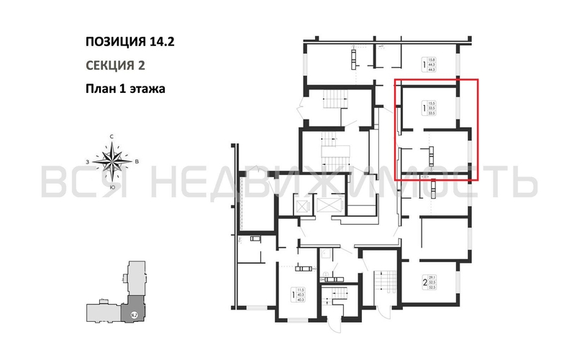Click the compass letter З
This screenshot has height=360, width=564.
point(88,162)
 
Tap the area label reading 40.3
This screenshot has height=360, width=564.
point(299,294)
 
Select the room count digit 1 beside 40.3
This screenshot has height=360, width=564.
point(292,293)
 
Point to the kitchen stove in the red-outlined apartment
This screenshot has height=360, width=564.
point(432,153)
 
